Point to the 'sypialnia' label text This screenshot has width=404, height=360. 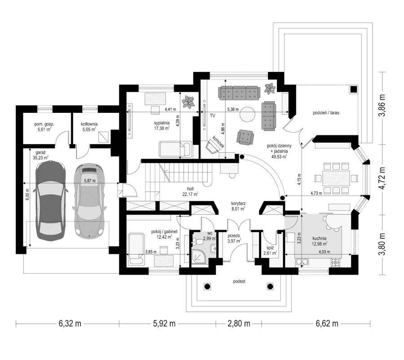161,122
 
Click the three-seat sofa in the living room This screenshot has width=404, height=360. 239,93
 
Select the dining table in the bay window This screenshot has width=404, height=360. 333,178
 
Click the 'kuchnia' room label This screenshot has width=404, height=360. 320,238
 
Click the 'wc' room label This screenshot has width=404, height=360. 209,233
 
